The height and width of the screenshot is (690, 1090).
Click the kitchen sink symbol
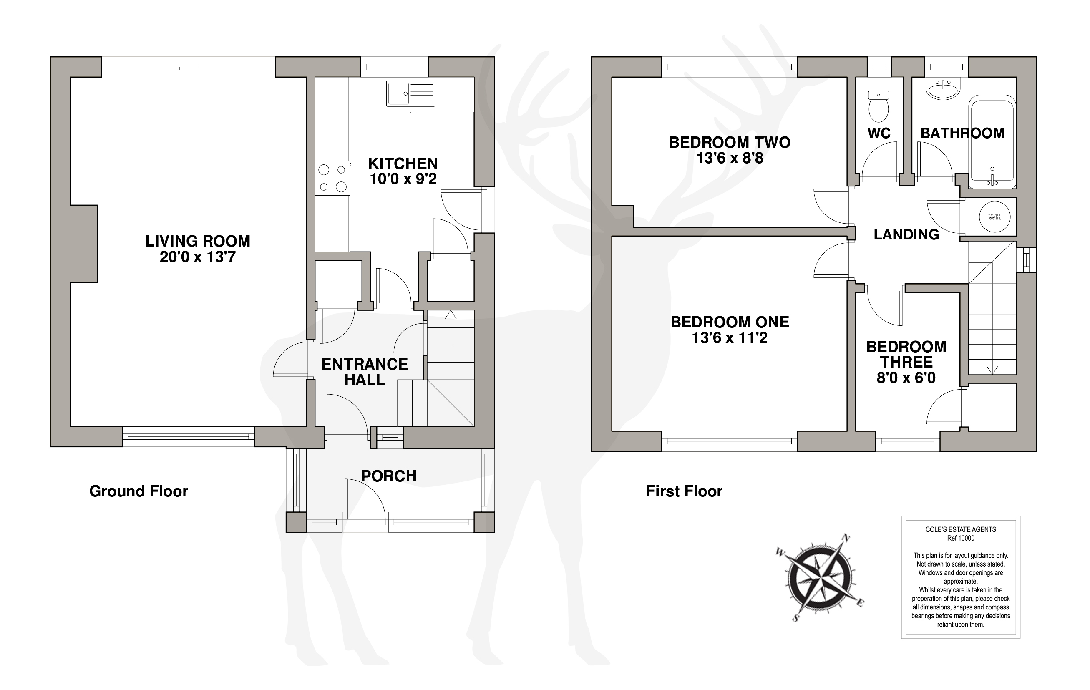[x=410, y=94]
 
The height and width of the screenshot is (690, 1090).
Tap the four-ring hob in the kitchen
[x=332, y=178]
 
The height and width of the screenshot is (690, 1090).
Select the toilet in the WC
[x=879, y=106]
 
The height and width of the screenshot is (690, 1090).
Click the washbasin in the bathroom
[x=943, y=89]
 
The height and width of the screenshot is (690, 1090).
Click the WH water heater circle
[x=994, y=217]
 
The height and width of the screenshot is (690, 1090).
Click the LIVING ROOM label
[x=198, y=241]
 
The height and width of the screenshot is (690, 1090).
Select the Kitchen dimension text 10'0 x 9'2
[x=403, y=179]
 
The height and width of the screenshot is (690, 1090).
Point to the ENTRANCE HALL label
[x=365, y=372]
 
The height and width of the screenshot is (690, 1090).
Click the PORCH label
[x=389, y=476]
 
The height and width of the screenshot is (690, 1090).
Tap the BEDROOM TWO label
[x=730, y=142]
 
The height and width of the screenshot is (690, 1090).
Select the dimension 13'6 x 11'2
[x=730, y=337]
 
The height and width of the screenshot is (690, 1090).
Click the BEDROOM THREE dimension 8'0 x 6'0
[x=906, y=378]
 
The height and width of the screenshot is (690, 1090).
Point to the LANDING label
[x=906, y=234]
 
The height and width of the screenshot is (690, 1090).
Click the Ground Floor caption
[x=138, y=491]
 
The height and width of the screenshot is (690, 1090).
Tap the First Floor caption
[x=684, y=491]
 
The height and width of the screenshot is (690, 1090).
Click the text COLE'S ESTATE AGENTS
[x=961, y=529]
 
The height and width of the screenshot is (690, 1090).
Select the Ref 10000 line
[x=961, y=538]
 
